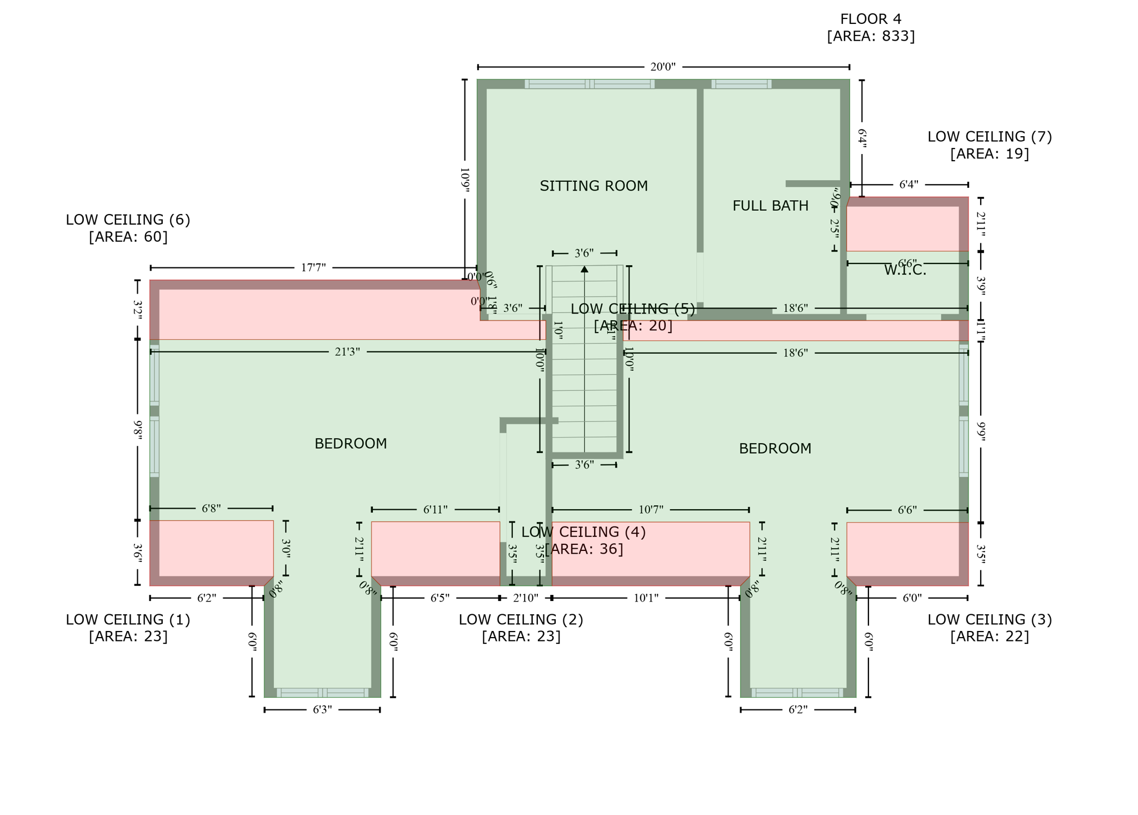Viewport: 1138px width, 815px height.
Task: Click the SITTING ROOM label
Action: click(x=593, y=186)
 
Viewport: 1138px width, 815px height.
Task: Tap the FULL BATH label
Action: click(x=770, y=206)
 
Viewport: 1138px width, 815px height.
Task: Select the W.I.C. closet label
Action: click(x=905, y=270)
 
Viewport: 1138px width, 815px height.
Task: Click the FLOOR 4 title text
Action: click(x=870, y=19)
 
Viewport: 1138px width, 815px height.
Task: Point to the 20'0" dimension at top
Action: click(x=662, y=67)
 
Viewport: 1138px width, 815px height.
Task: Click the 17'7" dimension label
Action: click(x=313, y=268)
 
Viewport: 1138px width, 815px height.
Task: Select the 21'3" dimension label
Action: click(x=347, y=352)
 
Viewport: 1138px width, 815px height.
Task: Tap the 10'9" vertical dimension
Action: click(x=465, y=180)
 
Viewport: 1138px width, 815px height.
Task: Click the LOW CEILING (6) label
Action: click(x=128, y=220)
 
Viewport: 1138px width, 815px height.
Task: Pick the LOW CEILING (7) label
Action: click(x=989, y=137)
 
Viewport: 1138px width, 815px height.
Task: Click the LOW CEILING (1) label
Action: click(x=128, y=619)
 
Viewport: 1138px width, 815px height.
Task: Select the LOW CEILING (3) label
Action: click(x=989, y=619)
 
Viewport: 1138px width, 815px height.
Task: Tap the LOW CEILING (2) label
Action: click(x=521, y=619)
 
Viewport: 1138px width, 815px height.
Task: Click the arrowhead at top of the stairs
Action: click(x=585, y=269)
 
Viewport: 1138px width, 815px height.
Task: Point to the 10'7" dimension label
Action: click(x=651, y=510)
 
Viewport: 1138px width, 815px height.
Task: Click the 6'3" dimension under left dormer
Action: click(x=322, y=710)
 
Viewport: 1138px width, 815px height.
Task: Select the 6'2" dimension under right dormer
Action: click(x=798, y=710)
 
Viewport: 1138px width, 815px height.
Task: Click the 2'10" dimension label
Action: click(x=526, y=598)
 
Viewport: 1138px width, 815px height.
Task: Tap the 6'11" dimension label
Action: click(x=435, y=510)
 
